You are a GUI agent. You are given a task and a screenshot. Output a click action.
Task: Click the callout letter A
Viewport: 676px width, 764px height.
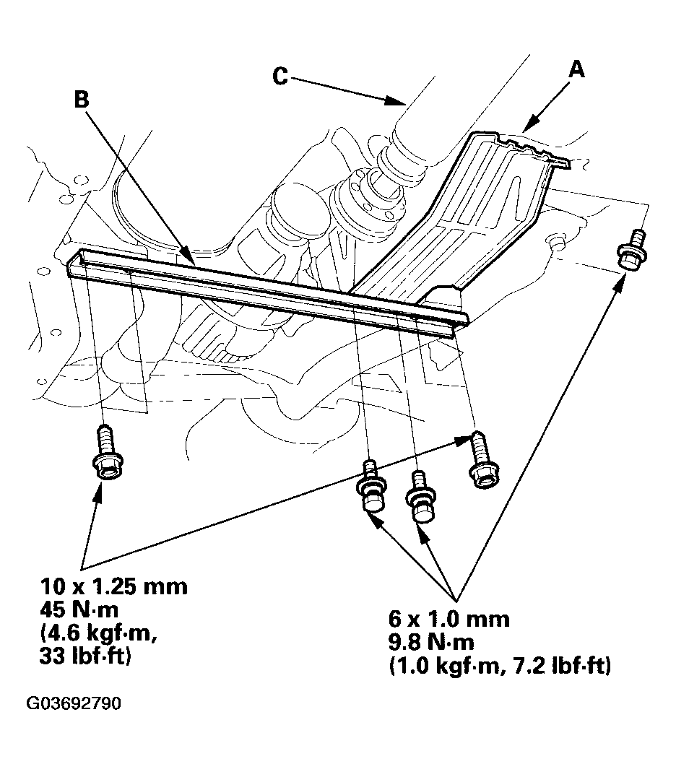pos(576,70)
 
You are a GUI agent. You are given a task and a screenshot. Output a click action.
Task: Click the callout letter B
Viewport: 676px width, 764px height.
pos(82,99)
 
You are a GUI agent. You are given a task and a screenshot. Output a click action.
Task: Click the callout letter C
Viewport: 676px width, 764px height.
pos(281,76)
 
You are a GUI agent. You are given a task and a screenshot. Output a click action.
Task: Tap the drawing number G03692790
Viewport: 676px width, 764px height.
pos(74,703)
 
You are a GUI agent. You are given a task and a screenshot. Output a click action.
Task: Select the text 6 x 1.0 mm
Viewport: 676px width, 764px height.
pos(448,619)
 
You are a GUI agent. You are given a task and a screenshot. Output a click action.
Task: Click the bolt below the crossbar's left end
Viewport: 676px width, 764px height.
pos(105,453)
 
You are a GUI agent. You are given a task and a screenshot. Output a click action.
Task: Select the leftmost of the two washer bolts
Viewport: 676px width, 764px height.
pos(371,488)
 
